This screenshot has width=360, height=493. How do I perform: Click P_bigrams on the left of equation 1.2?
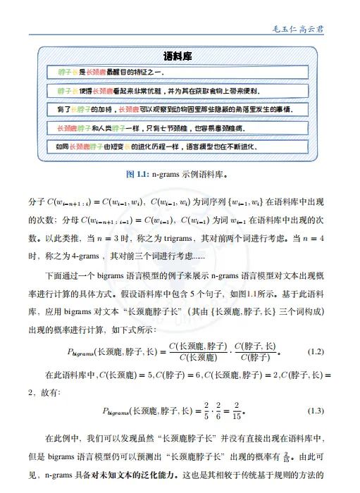(x=87, y=351)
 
